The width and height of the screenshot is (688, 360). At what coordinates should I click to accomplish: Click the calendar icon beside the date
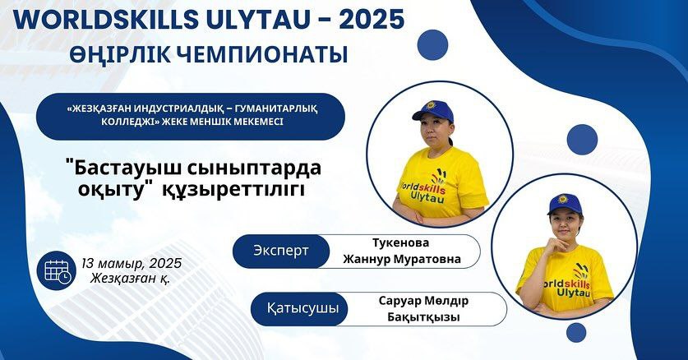[x=57, y=270]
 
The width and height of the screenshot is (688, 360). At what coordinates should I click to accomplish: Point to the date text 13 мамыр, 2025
[x=132, y=263]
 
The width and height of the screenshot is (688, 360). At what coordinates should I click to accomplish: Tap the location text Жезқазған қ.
[x=131, y=278]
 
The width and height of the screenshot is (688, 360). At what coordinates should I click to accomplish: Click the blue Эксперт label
[x=281, y=251]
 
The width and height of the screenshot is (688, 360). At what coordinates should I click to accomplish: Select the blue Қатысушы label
[x=302, y=308]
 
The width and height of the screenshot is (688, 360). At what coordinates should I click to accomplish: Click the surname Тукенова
[x=400, y=242]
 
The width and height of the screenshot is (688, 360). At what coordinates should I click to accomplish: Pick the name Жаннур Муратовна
[x=401, y=259]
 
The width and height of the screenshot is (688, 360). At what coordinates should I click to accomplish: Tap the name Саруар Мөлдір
[x=423, y=301]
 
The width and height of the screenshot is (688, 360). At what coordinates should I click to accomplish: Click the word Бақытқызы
[x=423, y=317]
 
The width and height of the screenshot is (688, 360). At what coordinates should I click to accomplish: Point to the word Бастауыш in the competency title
[x=136, y=168]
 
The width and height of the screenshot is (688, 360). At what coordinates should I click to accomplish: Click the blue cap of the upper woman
[x=432, y=110]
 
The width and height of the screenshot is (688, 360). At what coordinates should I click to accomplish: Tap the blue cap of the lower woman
[x=564, y=205]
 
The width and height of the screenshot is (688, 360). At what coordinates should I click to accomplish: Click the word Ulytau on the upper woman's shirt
[x=427, y=197]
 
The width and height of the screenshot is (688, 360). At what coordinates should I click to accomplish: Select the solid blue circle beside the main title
[x=432, y=44]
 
